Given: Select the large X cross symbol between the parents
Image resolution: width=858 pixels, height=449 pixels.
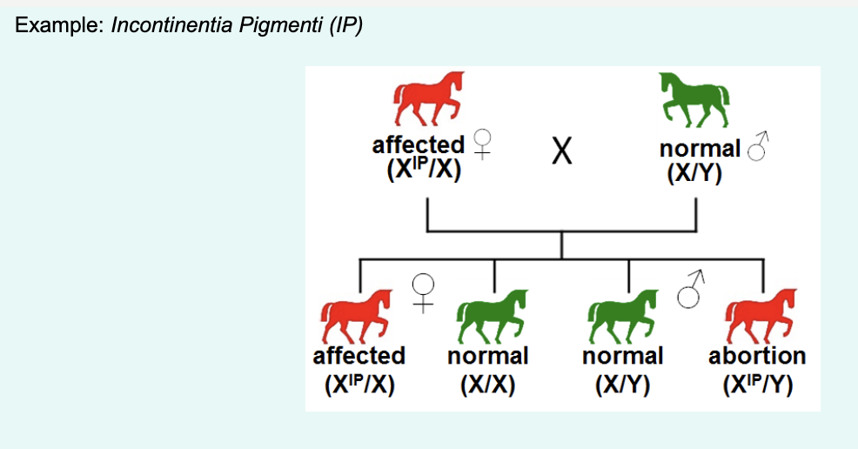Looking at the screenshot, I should pos(562,154).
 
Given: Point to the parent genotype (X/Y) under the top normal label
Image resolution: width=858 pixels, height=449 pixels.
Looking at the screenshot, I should pos(694,171).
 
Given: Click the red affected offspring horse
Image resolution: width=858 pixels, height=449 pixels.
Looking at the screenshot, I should pos(358,318).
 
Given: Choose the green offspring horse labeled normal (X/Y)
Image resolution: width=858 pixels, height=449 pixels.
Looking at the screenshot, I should pos(624,318).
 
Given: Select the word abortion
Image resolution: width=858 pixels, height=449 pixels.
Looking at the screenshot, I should pos(757,356).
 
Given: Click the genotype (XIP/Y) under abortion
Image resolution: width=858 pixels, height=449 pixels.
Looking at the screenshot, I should pos(757,384).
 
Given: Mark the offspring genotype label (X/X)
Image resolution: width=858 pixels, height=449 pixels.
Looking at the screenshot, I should pos(488,384).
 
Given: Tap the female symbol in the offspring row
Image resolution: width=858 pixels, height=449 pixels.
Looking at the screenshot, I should pos(423,292).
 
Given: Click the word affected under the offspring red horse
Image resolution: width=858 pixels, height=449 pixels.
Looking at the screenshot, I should pos(359,356).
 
